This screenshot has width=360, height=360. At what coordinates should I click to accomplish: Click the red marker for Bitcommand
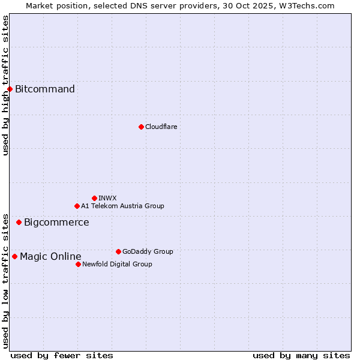tap(10, 89)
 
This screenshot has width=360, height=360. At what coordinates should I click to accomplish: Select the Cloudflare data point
tap(141, 127)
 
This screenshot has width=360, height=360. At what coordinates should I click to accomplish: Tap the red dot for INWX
tap(94, 198)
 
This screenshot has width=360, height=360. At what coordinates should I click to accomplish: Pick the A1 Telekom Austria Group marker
tap(77, 206)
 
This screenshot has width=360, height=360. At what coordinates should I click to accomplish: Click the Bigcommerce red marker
tap(19, 223)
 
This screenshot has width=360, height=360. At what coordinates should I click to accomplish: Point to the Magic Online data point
tap(14, 257)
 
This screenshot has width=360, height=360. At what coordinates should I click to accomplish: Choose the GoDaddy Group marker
tap(118, 251)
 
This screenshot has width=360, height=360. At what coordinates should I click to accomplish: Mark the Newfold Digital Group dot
tap(78, 264)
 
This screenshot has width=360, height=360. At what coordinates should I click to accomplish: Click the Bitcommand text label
tap(45, 89)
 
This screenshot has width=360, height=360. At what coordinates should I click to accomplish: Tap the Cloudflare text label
tap(161, 127)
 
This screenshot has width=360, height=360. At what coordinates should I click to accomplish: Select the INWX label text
tap(107, 198)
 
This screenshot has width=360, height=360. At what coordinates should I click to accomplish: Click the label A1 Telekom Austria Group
tap(122, 206)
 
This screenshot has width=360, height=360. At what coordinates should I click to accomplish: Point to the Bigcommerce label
tap(56, 223)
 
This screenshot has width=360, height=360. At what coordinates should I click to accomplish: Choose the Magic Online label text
tap(50, 257)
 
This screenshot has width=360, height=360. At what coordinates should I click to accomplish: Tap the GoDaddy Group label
tap(148, 251)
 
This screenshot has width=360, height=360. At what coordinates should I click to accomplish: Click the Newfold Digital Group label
tap(117, 264)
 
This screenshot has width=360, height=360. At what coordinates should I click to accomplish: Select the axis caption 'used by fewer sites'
tap(62, 355)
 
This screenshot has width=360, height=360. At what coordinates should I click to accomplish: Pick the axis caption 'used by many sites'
tap(301, 355)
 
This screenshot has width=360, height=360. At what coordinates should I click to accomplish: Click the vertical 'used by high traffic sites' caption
tap(5, 85)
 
